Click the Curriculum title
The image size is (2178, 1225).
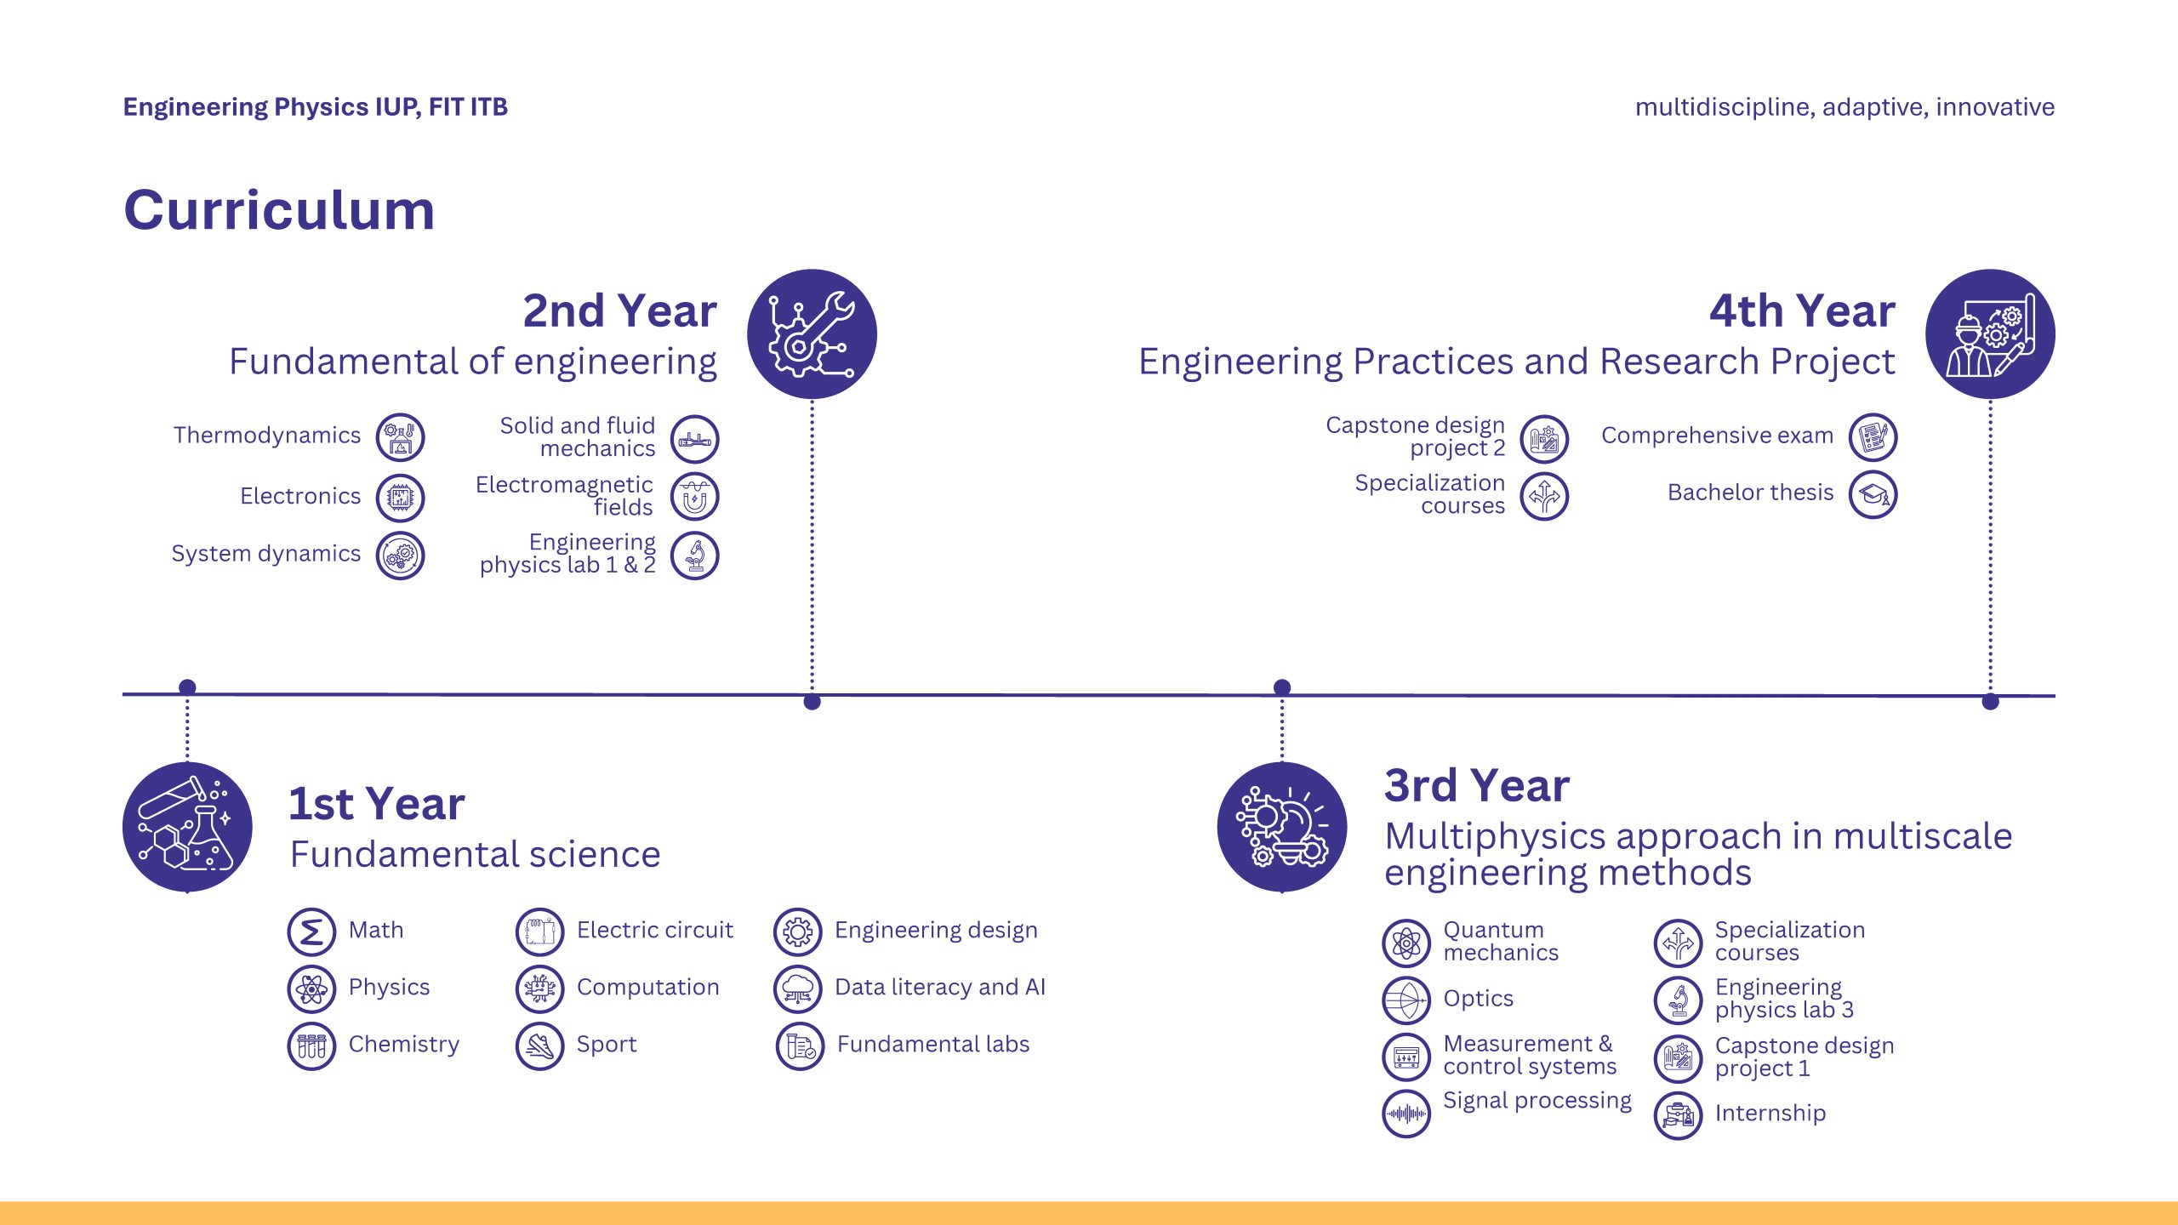click(279, 209)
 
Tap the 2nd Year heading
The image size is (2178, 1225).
click(620, 311)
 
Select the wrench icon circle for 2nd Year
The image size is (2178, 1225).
click(812, 334)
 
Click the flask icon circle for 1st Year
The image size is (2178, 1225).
click(187, 827)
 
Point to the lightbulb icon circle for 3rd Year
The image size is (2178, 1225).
click(1282, 827)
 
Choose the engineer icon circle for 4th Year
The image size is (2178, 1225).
click(1990, 334)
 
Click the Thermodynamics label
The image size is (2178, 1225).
click(267, 436)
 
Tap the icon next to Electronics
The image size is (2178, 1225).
click(401, 498)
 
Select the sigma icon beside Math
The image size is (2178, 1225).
click(312, 932)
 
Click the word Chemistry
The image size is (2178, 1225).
click(404, 1045)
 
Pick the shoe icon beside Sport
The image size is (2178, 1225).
click(540, 1046)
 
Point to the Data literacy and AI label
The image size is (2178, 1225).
click(940, 987)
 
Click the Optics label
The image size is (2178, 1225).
click(1479, 999)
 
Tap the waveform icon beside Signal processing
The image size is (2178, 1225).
click(1407, 1114)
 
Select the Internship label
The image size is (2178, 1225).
click(1770, 1113)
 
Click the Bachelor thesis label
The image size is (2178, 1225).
click(1751, 493)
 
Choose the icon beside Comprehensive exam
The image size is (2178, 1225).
click(1873, 438)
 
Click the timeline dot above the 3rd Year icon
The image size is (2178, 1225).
click(1282, 687)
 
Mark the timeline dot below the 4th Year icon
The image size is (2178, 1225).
click(1990, 702)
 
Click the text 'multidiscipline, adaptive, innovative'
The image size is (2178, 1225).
click(1845, 107)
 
